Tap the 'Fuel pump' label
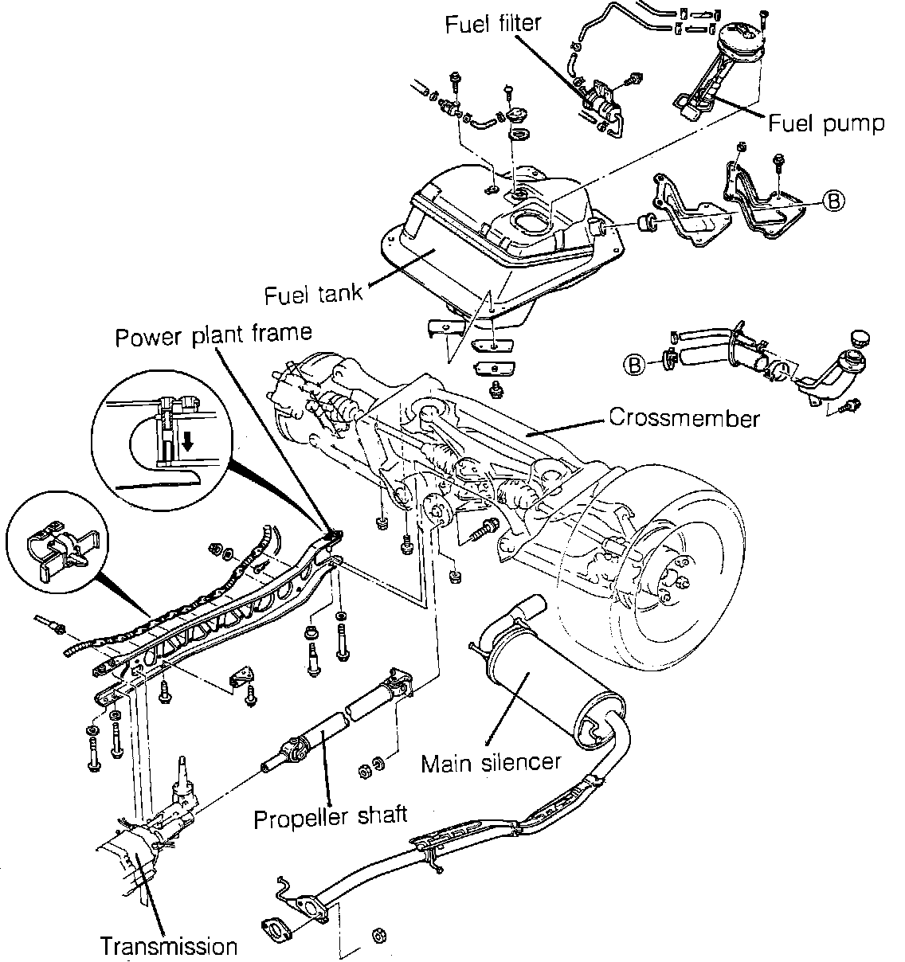click(x=826, y=123)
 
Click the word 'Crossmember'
click(x=684, y=417)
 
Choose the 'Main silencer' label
click(x=491, y=762)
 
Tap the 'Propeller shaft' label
click(x=331, y=815)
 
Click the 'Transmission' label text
click(x=169, y=946)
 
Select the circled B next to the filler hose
click(x=636, y=365)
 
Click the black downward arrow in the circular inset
click(x=187, y=441)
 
